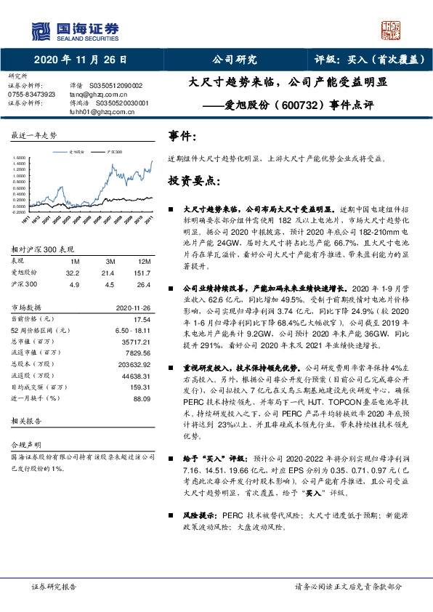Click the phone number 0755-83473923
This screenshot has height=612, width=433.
pyautogui.click(x=31, y=94)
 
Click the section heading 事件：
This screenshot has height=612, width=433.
pyautogui.click(x=182, y=136)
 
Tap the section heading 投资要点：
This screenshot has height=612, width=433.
pyautogui.click(x=193, y=180)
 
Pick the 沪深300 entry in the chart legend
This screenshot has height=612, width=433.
pyautogui.click(x=113, y=152)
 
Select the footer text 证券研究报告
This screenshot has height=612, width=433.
pyautogui.click(x=54, y=586)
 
